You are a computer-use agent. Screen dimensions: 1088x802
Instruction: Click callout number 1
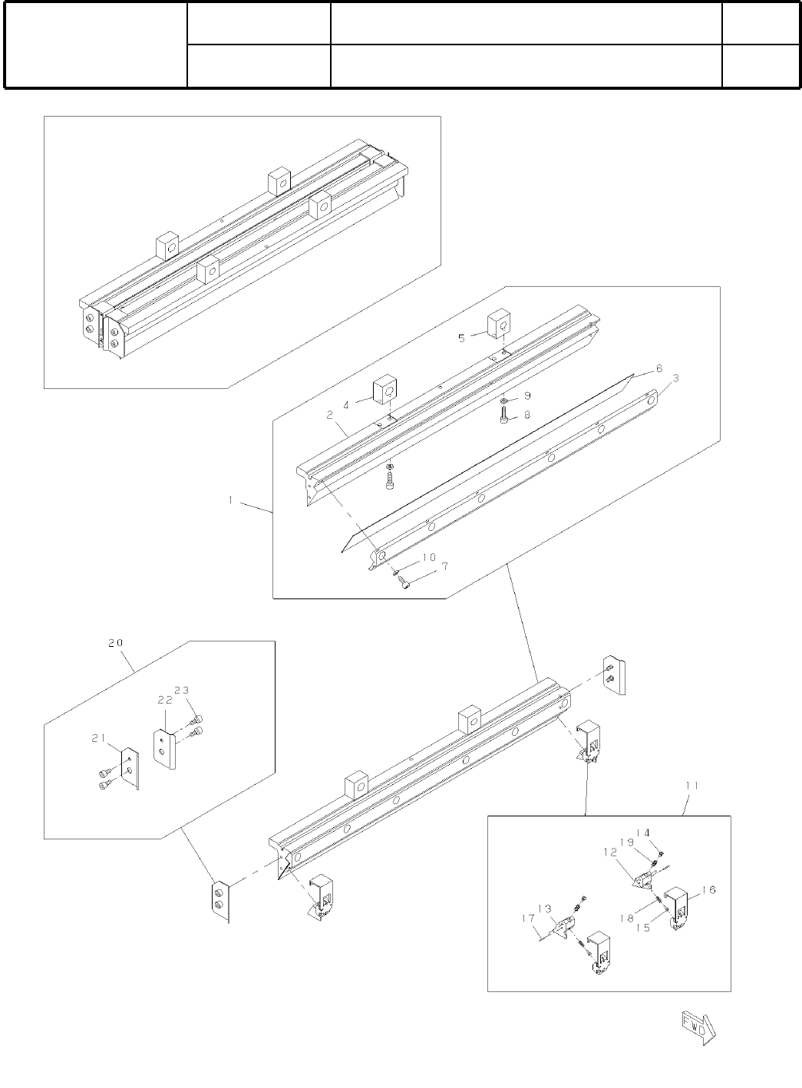pyautogui.click(x=230, y=500)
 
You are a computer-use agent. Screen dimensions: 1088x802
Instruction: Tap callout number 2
pyautogui.click(x=330, y=415)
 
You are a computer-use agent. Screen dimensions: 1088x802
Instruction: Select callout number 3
pyautogui.click(x=675, y=378)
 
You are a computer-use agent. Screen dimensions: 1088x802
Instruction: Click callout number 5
pyautogui.click(x=462, y=338)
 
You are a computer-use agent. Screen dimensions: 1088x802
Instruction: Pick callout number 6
pyautogui.click(x=658, y=368)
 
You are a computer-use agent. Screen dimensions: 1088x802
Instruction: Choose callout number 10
pyautogui.click(x=428, y=556)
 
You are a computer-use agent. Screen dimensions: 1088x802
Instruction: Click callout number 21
pyautogui.click(x=97, y=738)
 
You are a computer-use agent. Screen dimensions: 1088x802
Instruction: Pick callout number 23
pyautogui.click(x=181, y=689)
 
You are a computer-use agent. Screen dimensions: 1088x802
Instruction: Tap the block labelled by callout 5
pyautogui.click(x=500, y=325)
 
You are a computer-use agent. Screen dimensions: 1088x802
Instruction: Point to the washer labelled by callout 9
pyautogui.click(x=503, y=401)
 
